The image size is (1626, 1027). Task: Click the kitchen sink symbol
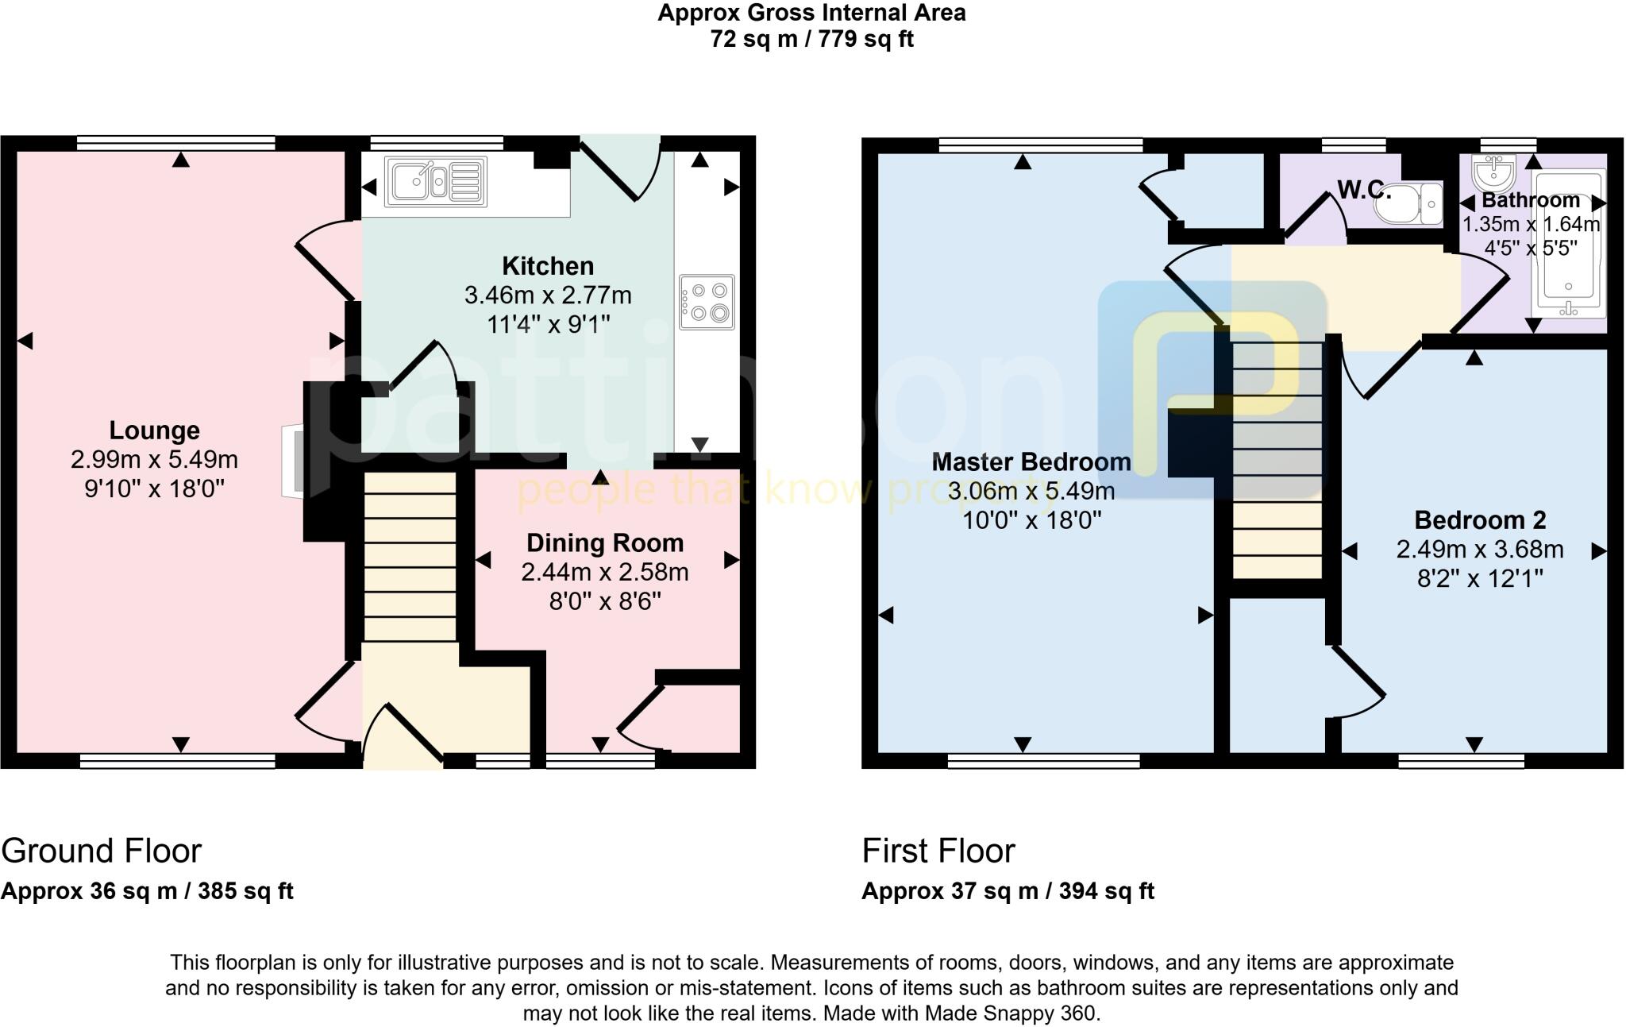435,182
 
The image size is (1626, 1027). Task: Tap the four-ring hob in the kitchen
707,302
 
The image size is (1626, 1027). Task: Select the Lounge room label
154,430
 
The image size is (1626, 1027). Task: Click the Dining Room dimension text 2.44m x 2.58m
604,572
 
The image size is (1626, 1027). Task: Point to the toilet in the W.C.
1409,204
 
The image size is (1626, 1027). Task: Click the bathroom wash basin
1494,170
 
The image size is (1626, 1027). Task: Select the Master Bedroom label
1031,461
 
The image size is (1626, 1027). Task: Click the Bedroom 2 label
1480,520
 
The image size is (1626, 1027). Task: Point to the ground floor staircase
410,556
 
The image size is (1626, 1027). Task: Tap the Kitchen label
547,266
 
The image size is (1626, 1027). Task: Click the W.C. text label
1363,190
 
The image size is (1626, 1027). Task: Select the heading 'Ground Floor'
101,851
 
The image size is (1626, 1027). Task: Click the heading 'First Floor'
938,851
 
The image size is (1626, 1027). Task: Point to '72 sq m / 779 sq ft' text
811,39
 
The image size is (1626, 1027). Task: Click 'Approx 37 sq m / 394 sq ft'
1008,891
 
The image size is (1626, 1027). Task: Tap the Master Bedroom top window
1040,145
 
